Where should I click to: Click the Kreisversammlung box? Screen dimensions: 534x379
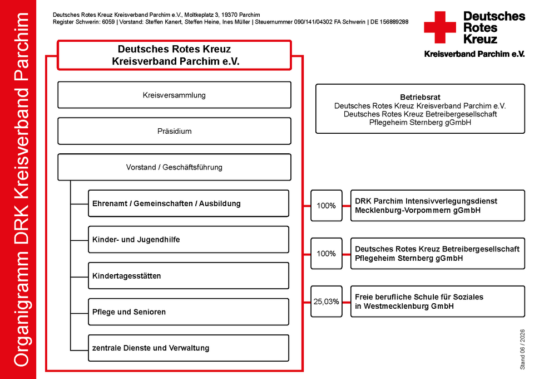tap(174, 95)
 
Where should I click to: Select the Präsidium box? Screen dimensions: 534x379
tap(174, 131)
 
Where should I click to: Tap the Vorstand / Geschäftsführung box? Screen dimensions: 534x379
tap(174, 167)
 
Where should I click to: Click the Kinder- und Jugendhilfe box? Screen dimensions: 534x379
tap(189, 240)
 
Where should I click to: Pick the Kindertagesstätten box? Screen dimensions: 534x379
tap(189, 276)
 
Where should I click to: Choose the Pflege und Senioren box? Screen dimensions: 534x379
tap(189, 312)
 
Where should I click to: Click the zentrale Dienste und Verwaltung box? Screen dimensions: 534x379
tap(189, 348)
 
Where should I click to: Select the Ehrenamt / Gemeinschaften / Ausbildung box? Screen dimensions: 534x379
tap(189, 203)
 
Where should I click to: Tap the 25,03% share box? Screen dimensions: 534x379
tap(327, 302)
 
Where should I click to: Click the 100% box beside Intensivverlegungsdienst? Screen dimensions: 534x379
tap(327, 206)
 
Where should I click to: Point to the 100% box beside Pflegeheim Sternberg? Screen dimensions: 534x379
tap(327, 254)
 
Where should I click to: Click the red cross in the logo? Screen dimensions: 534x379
tap(440, 27)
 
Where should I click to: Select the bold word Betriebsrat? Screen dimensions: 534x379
tap(420, 97)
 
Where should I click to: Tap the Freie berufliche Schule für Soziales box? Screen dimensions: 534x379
tap(438, 302)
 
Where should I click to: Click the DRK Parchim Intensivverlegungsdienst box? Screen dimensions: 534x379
tap(438, 206)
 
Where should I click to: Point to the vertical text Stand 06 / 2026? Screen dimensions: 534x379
tap(522, 349)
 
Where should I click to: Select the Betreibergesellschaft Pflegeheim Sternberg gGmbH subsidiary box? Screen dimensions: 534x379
tap(438, 254)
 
